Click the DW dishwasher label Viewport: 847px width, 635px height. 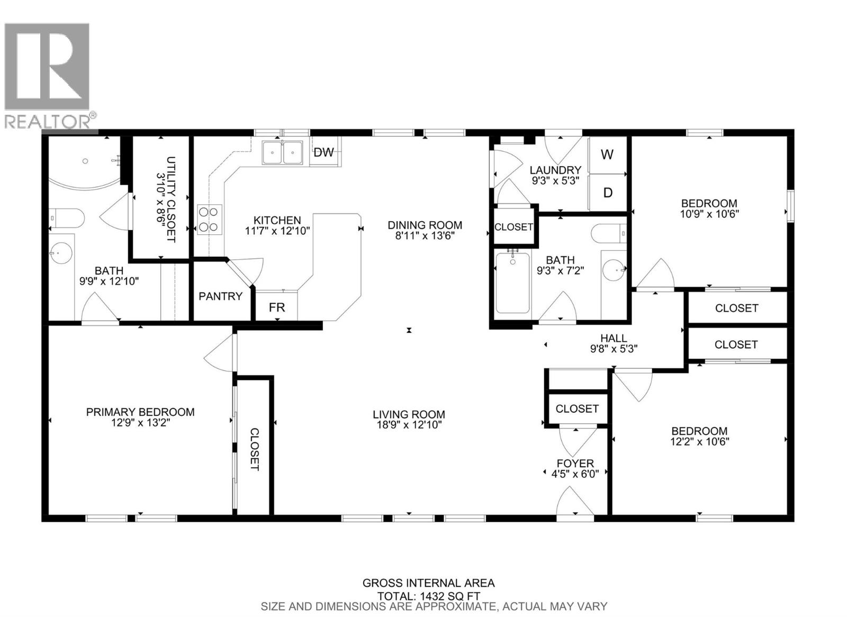click(324, 152)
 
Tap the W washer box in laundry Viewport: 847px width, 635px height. click(607, 155)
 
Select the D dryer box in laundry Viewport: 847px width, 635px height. click(608, 193)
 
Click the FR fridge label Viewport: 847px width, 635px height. click(277, 307)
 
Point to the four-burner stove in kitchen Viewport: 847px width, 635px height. click(208, 219)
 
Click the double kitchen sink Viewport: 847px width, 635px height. click(283, 152)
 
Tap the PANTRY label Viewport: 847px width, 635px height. click(220, 296)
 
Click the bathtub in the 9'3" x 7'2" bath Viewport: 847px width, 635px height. click(512, 283)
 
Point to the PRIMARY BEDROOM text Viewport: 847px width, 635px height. click(140, 412)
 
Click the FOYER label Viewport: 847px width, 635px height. click(575, 463)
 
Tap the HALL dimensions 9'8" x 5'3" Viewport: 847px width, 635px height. click(614, 349)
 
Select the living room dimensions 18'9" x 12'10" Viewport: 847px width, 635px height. click(409, 424)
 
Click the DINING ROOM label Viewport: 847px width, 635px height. click(425, 225)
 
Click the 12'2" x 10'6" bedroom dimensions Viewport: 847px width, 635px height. click(699, 441)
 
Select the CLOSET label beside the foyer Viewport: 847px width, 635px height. click(577, 409)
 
